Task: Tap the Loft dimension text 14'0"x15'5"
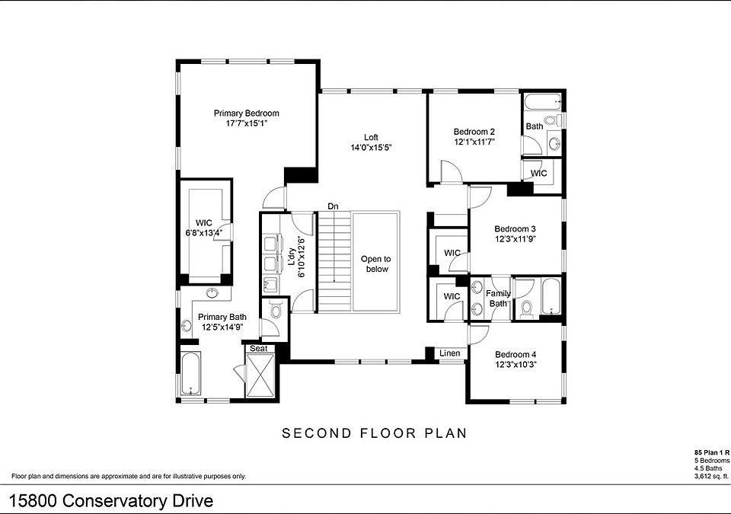(x=371, y=148)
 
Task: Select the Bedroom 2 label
(x=474, y=131)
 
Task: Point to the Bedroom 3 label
(x=516, y=228)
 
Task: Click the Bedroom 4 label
(x=516, y=354)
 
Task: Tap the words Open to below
(x=375, y=263)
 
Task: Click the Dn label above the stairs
(x=333, y=206)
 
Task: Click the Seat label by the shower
(x=258, y=349)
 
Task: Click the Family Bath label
(x=498, y=299)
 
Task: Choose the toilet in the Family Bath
(x=526, y=308)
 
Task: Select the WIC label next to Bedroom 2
(x=538, y=173)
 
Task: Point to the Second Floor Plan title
(x=374, y=433)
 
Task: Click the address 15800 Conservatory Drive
(x=111, y=501)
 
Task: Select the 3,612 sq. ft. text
(x=712, y=477)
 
